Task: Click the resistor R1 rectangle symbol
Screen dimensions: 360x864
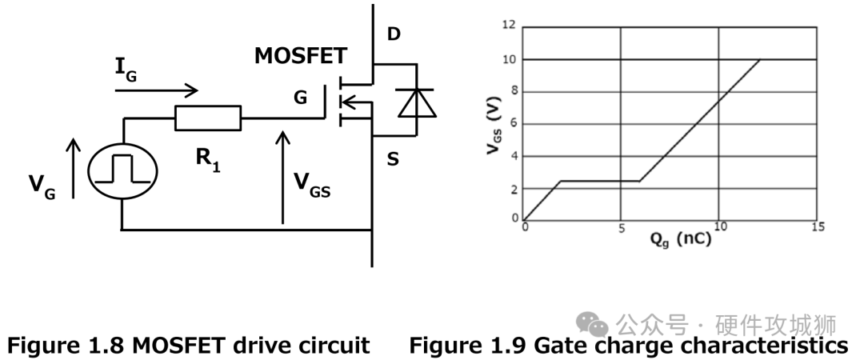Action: (x=207, y=118)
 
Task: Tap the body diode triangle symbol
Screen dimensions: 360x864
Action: (x=416, y=102)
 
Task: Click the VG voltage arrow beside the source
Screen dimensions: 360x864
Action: (x=74, y=168)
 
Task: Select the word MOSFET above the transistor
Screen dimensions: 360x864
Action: (x=301, y=56)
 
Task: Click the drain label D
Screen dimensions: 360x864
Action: (x=394, y=34)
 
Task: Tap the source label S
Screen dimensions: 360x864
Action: (x=393, y=159)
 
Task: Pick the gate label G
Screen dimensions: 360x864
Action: (x=300, y=98)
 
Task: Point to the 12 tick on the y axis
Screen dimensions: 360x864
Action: (x=509, y=26)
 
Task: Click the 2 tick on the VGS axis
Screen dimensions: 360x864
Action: (x=512, y=188)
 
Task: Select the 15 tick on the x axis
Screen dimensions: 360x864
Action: (x=817, y=228)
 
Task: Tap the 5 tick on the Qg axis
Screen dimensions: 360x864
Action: (x=621, y=228)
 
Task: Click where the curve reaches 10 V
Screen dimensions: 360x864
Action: (x=758, y=59)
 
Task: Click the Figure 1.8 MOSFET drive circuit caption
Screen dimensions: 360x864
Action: (x=189, y=345)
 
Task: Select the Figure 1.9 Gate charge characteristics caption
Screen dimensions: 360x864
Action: (x=628, y=345)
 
